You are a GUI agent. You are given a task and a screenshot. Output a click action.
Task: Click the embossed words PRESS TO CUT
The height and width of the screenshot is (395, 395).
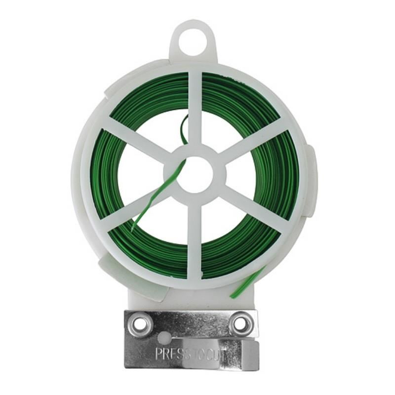(190, 354)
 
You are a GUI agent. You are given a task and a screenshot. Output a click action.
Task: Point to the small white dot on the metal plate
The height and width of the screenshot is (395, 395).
(164, 336)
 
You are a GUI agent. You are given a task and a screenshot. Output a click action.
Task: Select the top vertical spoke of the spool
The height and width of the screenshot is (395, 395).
(195, 109)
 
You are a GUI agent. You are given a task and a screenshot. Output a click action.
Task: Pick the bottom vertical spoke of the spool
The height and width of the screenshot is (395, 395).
(195, 238)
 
